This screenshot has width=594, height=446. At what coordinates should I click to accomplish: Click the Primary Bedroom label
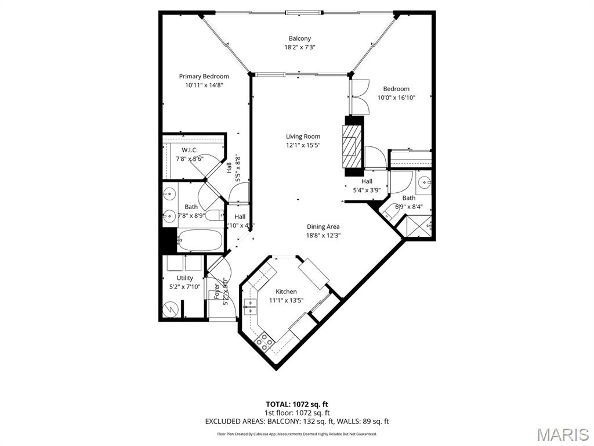[x=204, y=76]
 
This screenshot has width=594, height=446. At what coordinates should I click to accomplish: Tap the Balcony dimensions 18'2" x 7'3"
[x=300, y=48]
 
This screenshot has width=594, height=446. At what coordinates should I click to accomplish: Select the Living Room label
[x=303, y=136]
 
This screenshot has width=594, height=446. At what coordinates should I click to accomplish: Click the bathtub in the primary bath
[x=200, y=239]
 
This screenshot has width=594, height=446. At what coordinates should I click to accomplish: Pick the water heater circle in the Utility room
[x=171, y=310]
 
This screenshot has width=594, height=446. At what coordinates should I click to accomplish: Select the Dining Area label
[x=323, y=226]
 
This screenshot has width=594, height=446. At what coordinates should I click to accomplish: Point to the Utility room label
[x=185, y=278]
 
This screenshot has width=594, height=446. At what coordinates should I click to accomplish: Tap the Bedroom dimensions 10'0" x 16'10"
[x=396, y=98]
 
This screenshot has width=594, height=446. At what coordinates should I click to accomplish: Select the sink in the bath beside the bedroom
[x=424, y=183]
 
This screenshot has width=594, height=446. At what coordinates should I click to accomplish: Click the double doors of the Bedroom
[x=360, y=96]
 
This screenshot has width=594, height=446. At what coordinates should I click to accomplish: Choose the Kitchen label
[x=286, y=292]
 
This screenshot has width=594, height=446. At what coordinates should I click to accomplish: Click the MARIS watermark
[x=562, y=434]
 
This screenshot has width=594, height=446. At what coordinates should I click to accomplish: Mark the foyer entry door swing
[x=220, y=276]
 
